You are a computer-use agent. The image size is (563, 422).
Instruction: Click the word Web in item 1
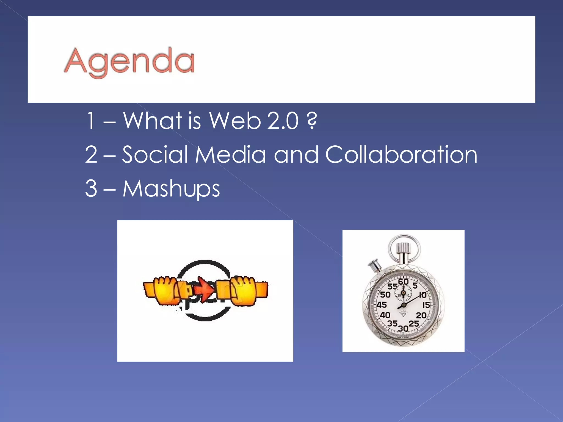coord(234,121)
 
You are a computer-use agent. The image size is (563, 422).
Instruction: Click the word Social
coord(155,154)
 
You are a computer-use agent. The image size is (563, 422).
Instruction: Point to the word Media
coord(230,154)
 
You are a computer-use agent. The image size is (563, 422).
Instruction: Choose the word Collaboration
coord(401,154)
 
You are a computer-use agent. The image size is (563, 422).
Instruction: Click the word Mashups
coord(171,189)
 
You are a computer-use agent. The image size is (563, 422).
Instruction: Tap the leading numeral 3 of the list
coord(91,188)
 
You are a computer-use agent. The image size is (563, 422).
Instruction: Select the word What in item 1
coord(152,121)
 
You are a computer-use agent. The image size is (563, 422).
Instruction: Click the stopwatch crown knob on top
coord(403,249)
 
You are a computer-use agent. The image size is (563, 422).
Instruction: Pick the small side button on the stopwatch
coord(375,265)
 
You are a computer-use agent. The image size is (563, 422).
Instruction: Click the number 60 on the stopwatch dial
coord(403,282)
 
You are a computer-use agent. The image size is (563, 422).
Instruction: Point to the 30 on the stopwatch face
coord(403,328)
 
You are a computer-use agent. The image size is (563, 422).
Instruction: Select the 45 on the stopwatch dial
coord(381,305)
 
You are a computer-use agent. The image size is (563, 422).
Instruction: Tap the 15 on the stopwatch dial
coord(426,305)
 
